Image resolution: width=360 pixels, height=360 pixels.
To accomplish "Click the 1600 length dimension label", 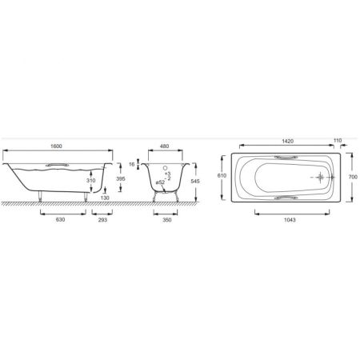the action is [56, 146].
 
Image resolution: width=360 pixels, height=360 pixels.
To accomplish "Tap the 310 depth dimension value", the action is [91, 181].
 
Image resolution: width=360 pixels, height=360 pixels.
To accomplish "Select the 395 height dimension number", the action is [121, 179].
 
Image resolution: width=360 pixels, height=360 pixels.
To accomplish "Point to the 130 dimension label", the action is [105, 198].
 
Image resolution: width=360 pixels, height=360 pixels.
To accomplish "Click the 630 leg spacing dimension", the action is [60, 219].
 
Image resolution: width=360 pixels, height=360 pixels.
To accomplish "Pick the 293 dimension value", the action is [102, 220].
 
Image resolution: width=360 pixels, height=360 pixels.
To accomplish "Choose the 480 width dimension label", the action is [164, 146].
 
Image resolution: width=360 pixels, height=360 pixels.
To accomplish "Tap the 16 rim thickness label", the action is [132, 165].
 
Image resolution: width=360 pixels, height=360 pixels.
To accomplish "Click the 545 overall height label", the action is [195, 182].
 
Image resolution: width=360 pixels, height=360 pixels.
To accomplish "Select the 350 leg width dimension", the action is [167, 220].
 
